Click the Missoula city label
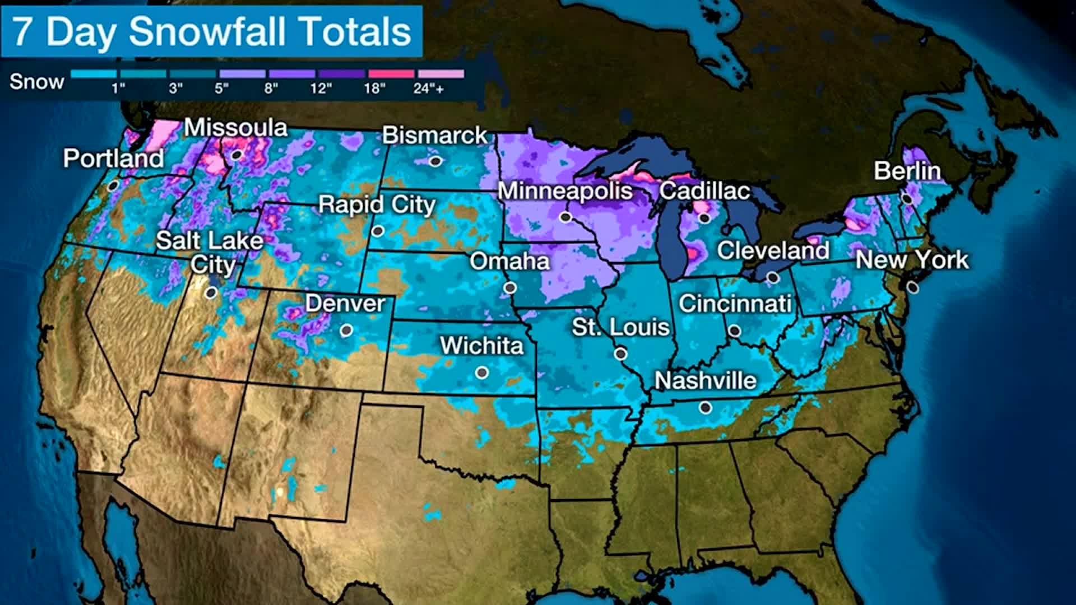(235, 128)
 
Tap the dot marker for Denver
(346, 331)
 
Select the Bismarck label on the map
(435, 135)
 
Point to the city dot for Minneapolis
(565, 217)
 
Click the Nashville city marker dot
(706, 408)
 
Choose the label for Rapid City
(377, 204)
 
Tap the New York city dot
(913, 287)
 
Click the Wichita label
(481, 346)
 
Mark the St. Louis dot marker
(620, 353)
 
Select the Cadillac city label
(704, 191)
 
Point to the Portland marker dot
(113, 185)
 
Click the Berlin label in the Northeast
(907, 171)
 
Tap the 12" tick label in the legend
(321, 89)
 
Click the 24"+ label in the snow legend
(429, 89)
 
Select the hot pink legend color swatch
(391, 74)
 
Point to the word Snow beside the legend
(36, 82)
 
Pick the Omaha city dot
(510, 287)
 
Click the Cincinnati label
(735, 304)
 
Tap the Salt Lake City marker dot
(211, 292)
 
